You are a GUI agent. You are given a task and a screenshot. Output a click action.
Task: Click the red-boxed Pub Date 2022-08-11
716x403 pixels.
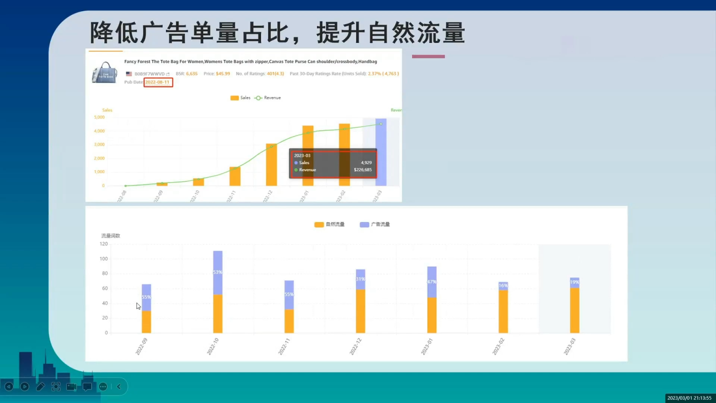[x=158, y=82]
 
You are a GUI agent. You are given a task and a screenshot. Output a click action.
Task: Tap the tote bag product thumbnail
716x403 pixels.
[x=104, y=72]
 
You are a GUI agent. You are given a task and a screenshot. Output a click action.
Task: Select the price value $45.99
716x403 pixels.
[x=223, y=74]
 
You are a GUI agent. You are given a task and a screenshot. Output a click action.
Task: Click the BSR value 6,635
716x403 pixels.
[x=192, y=74]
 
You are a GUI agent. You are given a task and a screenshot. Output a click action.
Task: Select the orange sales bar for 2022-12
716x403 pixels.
[x=271, y=166]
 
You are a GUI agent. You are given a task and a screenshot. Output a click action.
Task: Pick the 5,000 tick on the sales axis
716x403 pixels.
[x=99, y=118]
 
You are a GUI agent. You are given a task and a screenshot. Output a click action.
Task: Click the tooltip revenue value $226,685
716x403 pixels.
[x=363, y=170]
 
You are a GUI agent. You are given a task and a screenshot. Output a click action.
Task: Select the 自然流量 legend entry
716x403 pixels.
[x=330, y=224]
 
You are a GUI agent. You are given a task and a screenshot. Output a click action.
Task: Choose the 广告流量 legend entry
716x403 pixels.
[x=375, y=224]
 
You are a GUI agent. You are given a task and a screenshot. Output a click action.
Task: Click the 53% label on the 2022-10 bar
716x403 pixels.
[x=218, y=272]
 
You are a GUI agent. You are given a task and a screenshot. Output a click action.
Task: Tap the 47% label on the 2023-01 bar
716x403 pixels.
[x=432, y=282]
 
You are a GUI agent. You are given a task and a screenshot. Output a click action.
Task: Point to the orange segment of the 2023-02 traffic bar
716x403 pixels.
[x=503, y=312]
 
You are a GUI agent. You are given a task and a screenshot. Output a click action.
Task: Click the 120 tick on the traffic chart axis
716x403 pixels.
[x=103, y=244]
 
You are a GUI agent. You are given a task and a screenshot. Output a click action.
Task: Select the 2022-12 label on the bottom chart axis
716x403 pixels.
[x=355, y=347]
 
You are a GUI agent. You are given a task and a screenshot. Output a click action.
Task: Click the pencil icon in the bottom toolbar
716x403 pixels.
[x=41, y=387]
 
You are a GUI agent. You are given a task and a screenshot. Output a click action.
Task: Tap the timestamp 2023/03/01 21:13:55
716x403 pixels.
[x=689, y=398]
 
